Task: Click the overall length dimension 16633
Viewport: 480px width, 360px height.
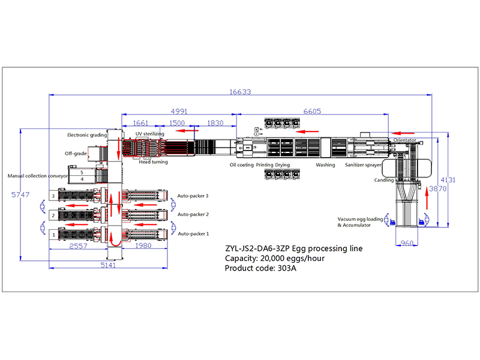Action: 241,92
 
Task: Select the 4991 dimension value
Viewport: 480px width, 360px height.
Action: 179,112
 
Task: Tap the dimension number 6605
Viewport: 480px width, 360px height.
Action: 312,112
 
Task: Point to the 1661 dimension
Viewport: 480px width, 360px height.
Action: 140,123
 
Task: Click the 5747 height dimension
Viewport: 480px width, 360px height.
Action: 20,194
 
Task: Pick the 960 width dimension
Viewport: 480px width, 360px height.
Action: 407,243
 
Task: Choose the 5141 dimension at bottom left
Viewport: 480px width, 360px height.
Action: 108,265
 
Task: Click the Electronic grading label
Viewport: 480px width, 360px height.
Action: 87,135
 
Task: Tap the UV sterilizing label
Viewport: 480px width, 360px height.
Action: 149,134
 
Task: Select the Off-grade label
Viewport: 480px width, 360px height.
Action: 76,154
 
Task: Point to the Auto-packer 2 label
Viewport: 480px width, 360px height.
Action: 193,214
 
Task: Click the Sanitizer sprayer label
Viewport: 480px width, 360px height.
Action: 363,164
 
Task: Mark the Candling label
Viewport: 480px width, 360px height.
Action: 384,180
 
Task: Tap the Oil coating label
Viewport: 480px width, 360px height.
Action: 242,164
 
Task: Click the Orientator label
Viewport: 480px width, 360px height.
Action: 404,140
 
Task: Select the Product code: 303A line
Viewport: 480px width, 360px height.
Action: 260,268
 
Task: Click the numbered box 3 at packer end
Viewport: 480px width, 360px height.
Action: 53,196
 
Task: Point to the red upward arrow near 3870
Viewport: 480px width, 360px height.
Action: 427,198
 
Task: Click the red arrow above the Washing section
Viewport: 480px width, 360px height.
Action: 307,131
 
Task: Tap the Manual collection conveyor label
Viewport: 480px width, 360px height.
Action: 38,176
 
